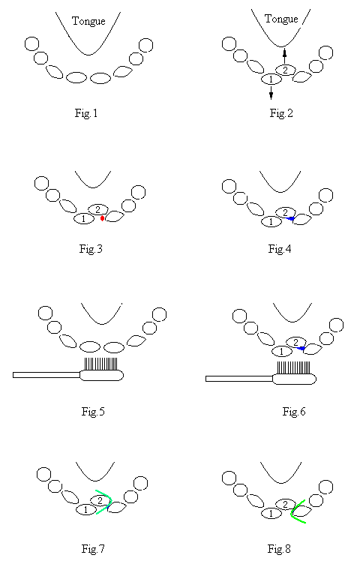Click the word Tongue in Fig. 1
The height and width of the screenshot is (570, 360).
click(x=88, y=22)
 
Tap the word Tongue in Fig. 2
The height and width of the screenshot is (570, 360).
click(x=281, y=19)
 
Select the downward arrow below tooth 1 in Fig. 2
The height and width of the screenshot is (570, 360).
click(x=271, y=92)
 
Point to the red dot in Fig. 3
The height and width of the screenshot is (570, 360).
click(x=103, y=218)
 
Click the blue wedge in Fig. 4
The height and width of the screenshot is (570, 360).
click(x=290, y=218)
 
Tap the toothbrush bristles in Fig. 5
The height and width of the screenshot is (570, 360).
click(x=101, y=364)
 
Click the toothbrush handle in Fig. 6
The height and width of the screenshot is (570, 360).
click(x=239, y=379)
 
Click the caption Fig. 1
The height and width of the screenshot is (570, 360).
click(x=86, y=113)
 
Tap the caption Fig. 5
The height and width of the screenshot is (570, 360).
click(x=93, y=412)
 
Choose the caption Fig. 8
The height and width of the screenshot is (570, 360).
click(x=279, y=548)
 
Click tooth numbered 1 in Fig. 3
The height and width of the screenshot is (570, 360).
click(x=84, y=219)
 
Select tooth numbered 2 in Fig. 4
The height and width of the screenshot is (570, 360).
click(x=286, y=212)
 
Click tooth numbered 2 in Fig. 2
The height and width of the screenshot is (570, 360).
click(x=286, y=70)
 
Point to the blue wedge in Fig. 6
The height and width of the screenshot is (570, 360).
click(x=301, y=349)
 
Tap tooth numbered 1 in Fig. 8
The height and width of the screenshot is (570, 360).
click(x=271, y=514)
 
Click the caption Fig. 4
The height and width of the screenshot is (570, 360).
click(x=280, y=249)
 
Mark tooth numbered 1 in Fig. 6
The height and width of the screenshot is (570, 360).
click(x=282, y=352)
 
